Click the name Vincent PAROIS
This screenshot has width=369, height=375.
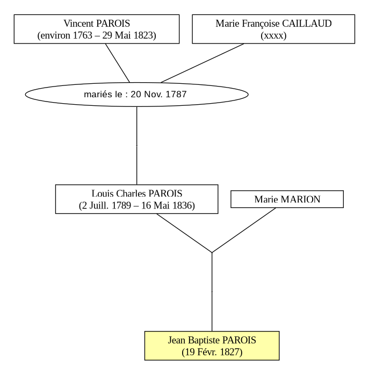(97, 24)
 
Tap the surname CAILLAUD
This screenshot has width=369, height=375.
(307, 24)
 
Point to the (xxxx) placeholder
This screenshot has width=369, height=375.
(273, 35)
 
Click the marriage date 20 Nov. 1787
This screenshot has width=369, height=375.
(158, 94)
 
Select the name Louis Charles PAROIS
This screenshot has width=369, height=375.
(137, 193)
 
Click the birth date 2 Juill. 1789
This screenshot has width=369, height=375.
(106, 205)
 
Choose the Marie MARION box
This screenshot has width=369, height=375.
(287, 199)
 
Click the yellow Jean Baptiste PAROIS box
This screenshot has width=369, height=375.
(212, 345)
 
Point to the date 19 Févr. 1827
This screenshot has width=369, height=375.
(212, 352)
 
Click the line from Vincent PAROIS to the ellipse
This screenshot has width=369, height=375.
(118, 63)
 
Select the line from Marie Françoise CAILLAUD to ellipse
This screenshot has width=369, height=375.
(202, 63)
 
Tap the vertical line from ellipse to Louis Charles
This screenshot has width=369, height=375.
(137, 146)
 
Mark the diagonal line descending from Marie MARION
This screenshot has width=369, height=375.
(244, 230)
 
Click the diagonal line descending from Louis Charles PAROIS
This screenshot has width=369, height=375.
(184, 233)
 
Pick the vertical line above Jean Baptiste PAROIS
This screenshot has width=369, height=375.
(212, 292)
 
